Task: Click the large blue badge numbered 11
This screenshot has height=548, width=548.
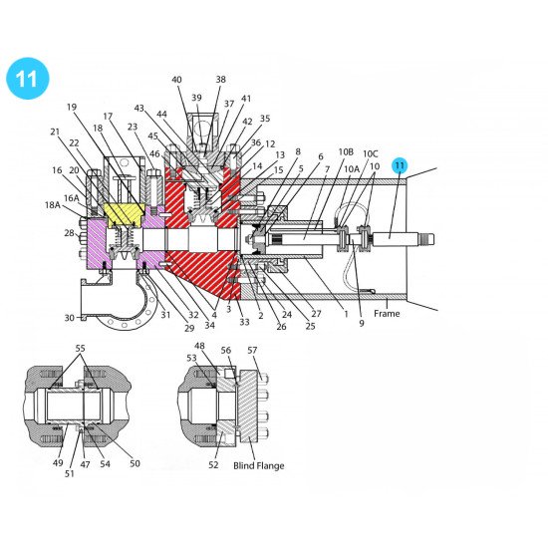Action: click(x=28, y=79)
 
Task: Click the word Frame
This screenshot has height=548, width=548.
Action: click(x=387, y=313)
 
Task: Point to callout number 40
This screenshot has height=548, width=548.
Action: click(x=176, y=80)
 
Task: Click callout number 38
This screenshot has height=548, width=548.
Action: click(x=220, y=80)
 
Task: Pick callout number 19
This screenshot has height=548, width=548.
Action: click(x=72, y=107)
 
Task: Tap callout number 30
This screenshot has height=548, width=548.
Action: click(x=70, y=318)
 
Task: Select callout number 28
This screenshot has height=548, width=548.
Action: click(x=69, y=233)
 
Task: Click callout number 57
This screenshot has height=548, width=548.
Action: click(x=252, y=350)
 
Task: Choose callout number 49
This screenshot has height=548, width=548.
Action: click(x=57, y=463)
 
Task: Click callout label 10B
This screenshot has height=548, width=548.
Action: click(x=346, y=152)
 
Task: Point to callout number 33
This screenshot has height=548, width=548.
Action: click(x=244, y=322)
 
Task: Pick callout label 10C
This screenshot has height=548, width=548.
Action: click(x=371, y=154)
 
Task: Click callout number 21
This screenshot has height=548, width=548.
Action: click(x=55, y=132)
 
